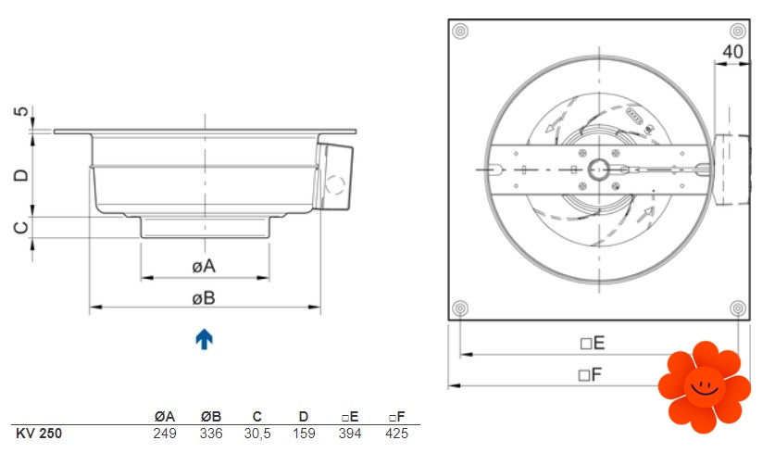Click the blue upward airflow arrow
[204, 339]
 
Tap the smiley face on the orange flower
[705, 386]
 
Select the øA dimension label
[204, 266]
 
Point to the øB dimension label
[204, 298]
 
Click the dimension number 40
[732, 52]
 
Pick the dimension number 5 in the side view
[21, 111]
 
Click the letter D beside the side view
[21, 175]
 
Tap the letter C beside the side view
[21, 227]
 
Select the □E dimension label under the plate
[592, 343]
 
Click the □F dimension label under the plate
[590, 374]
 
